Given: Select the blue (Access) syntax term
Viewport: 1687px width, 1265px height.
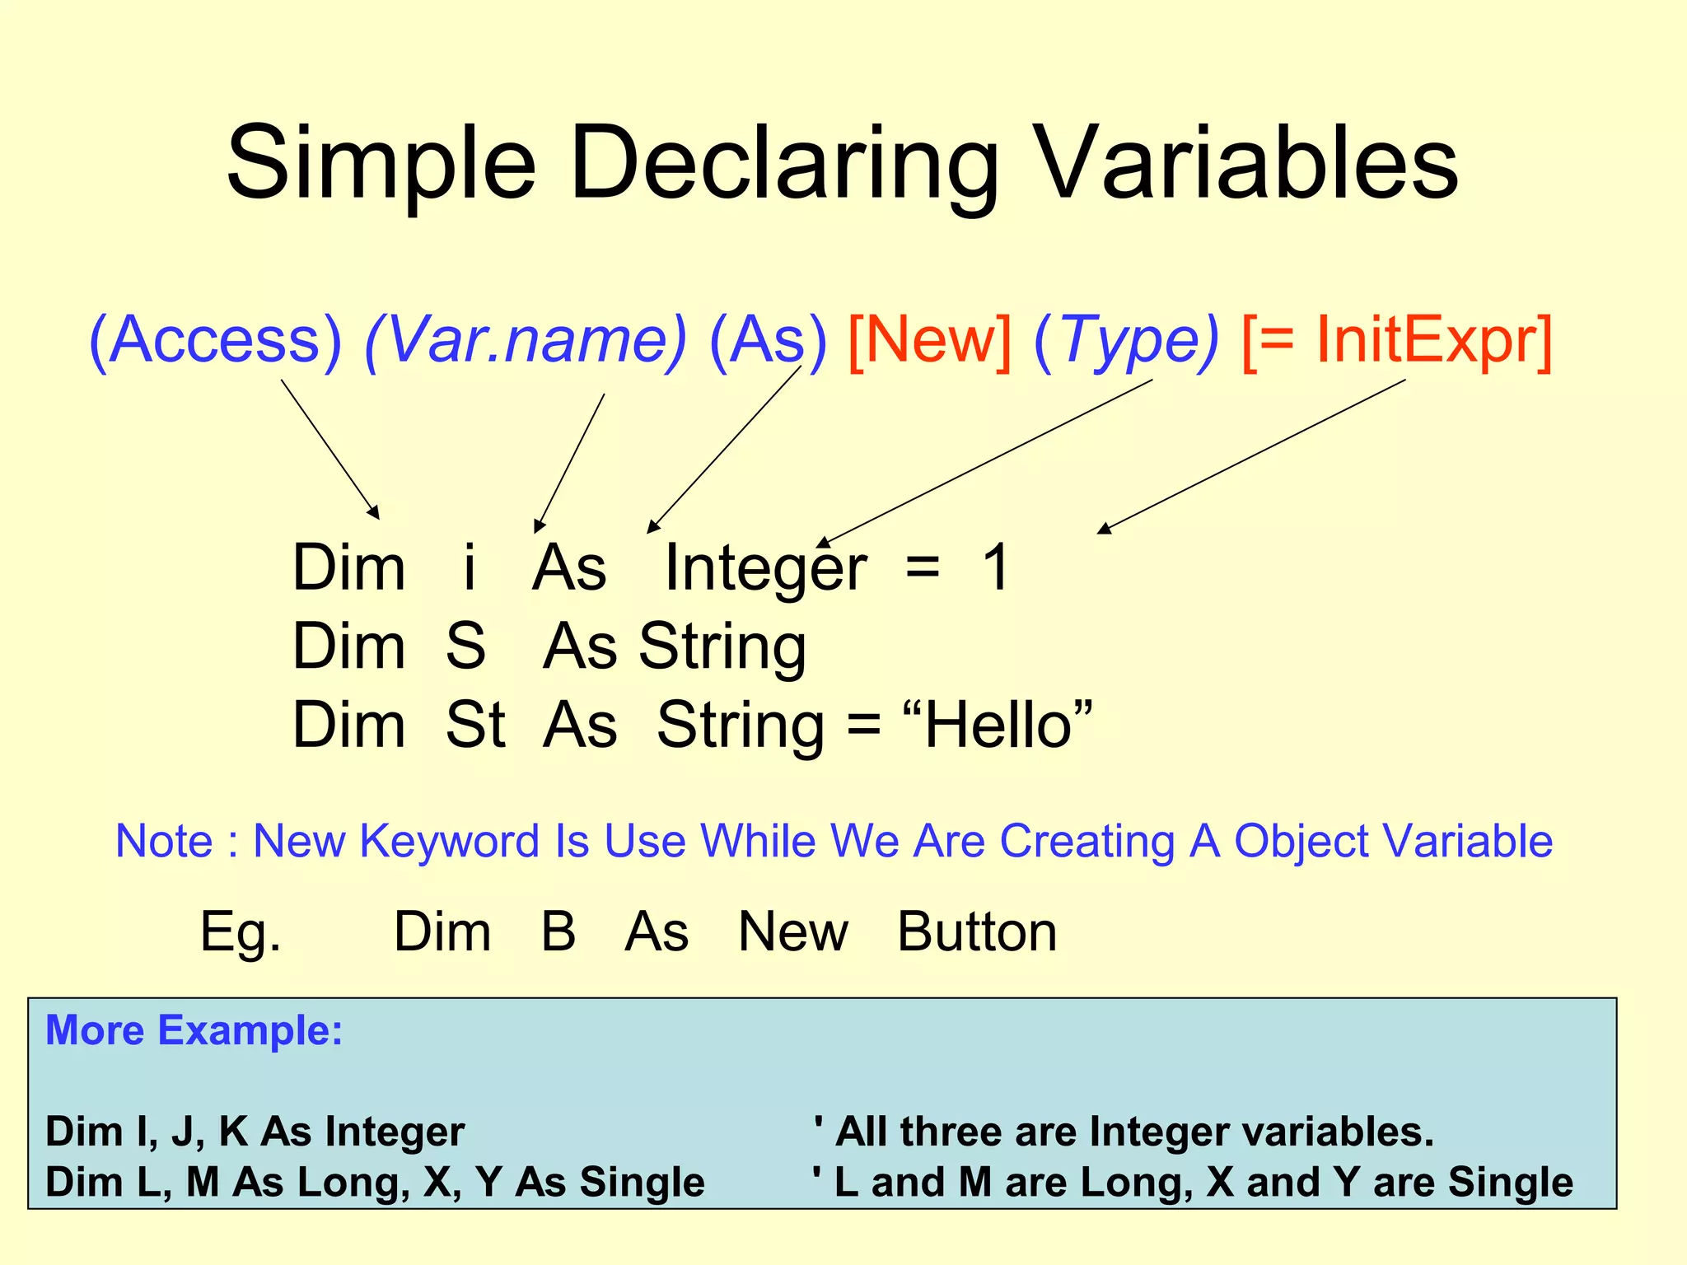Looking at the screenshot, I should coord(214,340).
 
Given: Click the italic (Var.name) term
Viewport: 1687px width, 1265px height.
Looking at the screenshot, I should coord(525,340).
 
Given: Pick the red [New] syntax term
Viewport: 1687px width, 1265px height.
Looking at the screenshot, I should coord(928,340).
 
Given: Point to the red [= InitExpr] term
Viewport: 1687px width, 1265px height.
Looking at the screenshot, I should coord(1396,340).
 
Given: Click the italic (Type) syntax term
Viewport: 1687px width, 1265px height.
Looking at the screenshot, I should coord(1126,340).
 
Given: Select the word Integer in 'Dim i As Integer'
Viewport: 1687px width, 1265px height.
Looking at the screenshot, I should coord(764,567).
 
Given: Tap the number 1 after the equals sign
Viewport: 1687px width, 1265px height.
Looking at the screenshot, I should coord(996,567).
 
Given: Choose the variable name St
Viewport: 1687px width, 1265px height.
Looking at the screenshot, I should coord(475,726).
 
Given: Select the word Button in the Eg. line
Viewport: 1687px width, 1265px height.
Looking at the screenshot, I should coord(976,932).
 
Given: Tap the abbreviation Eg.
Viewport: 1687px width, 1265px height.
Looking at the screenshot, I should coord(241,932).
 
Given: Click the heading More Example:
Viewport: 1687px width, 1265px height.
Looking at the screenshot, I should coord(194,1030).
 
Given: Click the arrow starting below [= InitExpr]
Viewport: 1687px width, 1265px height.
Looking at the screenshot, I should coord(1252,456).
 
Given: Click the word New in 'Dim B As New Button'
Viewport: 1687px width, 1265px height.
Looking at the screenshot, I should coord(792,932).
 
